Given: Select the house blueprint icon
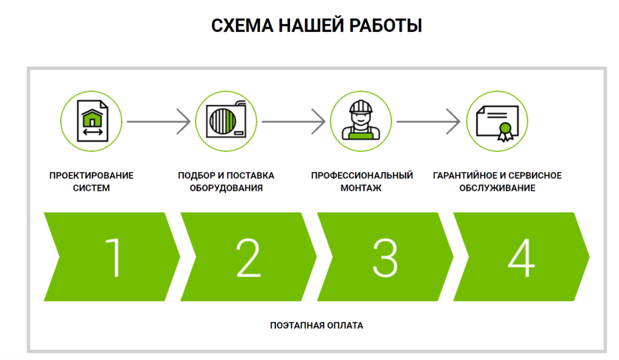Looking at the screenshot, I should (91, 121).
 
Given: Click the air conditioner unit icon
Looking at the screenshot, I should (225, 121).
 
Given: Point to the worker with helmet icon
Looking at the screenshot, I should (360, 121).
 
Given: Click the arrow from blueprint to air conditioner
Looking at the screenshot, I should (158, 121).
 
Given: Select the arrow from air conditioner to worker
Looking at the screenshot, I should (293, 121).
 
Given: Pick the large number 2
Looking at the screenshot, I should (248, 257).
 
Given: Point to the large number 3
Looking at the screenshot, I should (384, 257).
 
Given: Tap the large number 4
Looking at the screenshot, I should (520, 257).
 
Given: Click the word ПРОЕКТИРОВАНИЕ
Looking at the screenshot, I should (91, 176).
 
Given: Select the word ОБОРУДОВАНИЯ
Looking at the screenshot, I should (225, 188).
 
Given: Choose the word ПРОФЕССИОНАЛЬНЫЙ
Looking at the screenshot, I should (361, 176).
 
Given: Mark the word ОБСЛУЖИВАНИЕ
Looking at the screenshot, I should (497, 188).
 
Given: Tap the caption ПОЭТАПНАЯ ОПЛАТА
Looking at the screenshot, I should (317, 326).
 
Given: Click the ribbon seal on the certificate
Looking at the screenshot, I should (504, 131).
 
